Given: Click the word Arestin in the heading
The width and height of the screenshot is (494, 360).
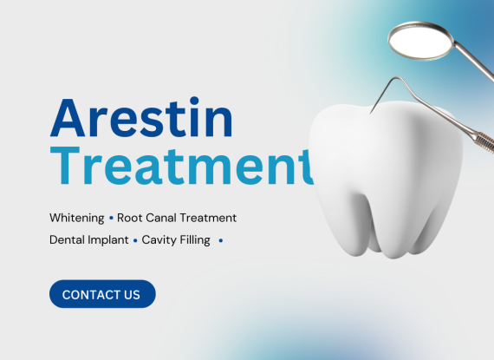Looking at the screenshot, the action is click(141, 116).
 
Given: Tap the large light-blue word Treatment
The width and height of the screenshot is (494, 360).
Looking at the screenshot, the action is click(182, 166).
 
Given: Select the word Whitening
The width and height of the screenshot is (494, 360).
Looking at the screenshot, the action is click(77, 218).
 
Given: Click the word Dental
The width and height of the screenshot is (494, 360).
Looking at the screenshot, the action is click(68, 240).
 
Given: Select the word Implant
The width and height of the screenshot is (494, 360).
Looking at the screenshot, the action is click(108, 240).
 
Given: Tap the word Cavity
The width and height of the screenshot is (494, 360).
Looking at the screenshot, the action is click(159, 240).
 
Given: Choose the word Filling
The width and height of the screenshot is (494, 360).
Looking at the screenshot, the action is click(195, 240).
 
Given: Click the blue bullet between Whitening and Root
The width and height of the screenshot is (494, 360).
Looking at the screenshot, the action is click(111, 218).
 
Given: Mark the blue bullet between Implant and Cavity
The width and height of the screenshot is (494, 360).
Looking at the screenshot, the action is click(135, 240).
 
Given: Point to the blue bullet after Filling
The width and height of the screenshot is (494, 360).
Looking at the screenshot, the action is click(221, 240).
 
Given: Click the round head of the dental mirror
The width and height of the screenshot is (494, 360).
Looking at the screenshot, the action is click(421, 41).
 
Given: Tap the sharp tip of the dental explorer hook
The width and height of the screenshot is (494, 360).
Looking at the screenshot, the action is click(371, 113).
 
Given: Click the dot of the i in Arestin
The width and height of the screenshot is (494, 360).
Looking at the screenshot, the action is click(194, 101).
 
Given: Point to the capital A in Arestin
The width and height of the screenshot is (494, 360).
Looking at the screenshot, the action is click(68, 118).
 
